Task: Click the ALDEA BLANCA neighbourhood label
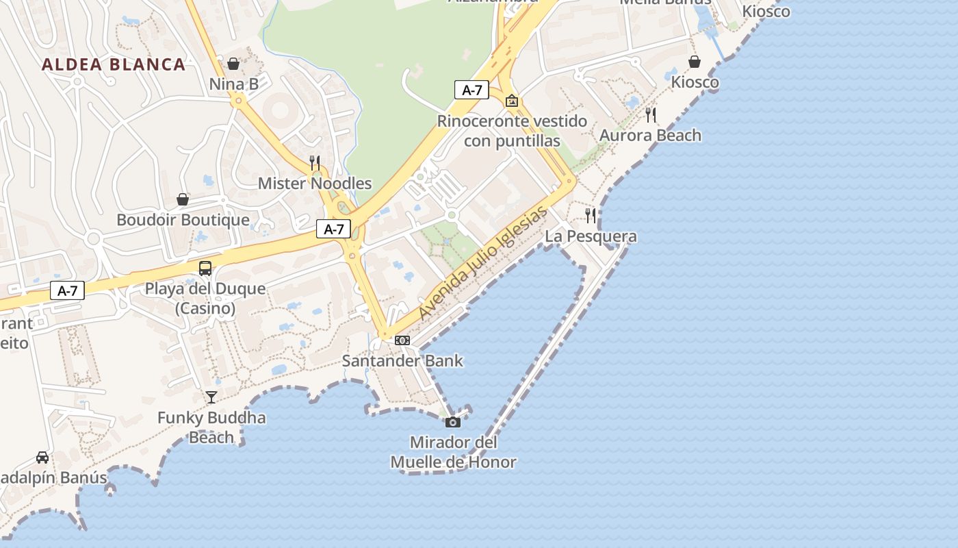pos(114,64)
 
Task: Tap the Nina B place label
pos(233,84)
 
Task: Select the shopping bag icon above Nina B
pos(233,64)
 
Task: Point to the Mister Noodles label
pos(315,183)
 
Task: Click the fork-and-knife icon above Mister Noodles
pos(315,163)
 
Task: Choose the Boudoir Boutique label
pos(183,220)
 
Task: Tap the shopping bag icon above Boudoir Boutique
pos(183,199)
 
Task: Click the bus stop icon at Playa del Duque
pos(205,268)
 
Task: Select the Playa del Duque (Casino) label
pos(205,298)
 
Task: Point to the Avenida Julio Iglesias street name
pos(484,262)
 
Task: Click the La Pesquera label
pos(591,236)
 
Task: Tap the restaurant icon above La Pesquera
pos(591,216)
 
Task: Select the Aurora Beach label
pos(650,135)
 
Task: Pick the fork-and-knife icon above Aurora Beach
pos(651,115)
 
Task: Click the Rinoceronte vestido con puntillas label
pos(512,131)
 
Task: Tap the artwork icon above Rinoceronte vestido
pos(512,101)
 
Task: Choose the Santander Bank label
pos(402,360)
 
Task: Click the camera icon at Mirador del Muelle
pos(453,422)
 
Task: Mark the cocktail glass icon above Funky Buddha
pos(211,397)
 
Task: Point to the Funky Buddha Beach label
pos(211,427)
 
